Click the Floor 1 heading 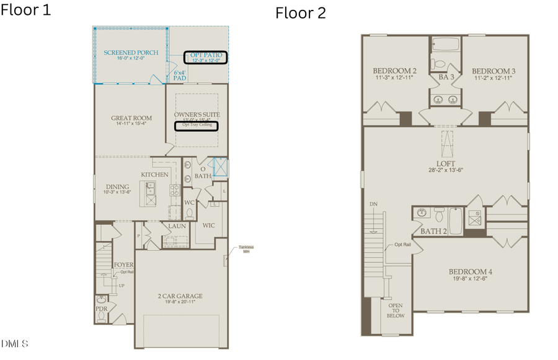[26, 10]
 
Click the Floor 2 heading [301, 13]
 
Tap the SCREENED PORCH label [131, 53]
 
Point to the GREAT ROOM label [130, 118]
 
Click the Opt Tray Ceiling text [197, 125]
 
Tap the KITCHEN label [154, 175]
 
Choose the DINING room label [117, 187]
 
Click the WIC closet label [209, 226]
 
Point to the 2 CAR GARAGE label [179, 296]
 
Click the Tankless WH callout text [247, 249]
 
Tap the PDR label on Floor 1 [101, 308]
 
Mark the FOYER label [123, 265]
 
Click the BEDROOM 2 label [394, 71]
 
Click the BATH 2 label [434, 231]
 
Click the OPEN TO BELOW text [395, 310]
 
